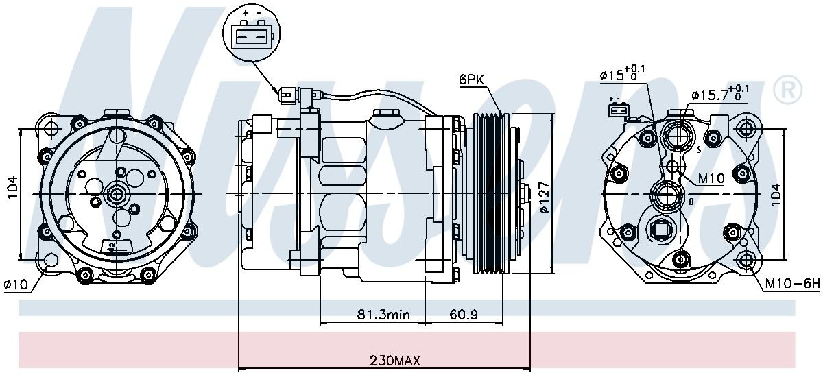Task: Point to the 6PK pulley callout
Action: (x=472, y=80)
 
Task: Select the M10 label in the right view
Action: (x=711, y=178)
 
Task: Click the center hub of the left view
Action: (x=117, y=195)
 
